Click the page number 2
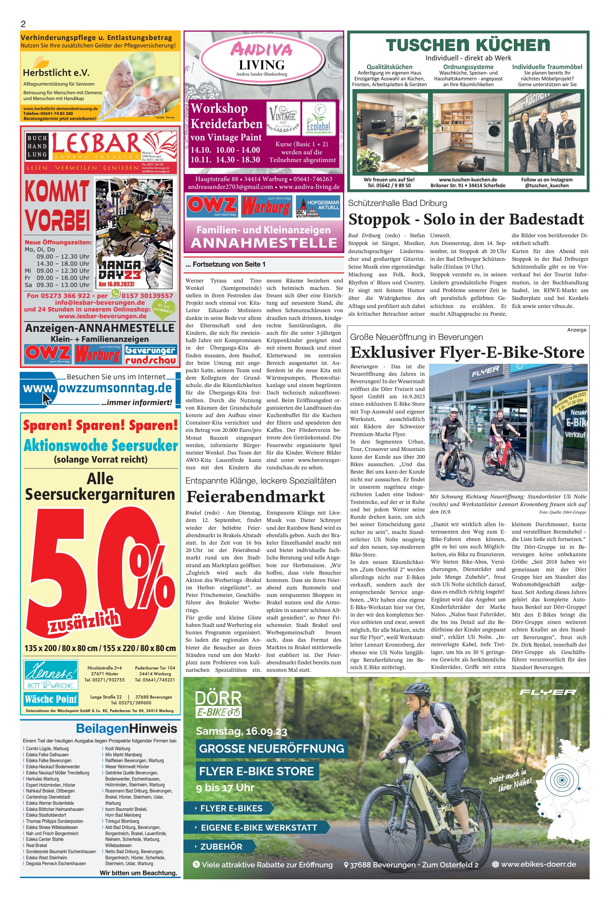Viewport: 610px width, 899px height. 23,24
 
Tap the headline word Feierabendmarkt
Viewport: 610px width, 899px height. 255,497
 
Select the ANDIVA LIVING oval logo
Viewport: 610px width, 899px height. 262,57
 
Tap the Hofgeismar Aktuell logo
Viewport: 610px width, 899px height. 318,206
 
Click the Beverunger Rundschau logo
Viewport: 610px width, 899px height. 151,355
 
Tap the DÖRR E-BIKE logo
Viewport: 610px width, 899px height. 219,703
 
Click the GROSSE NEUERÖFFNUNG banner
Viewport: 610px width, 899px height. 271,748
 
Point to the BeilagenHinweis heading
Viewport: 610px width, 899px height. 127,729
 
